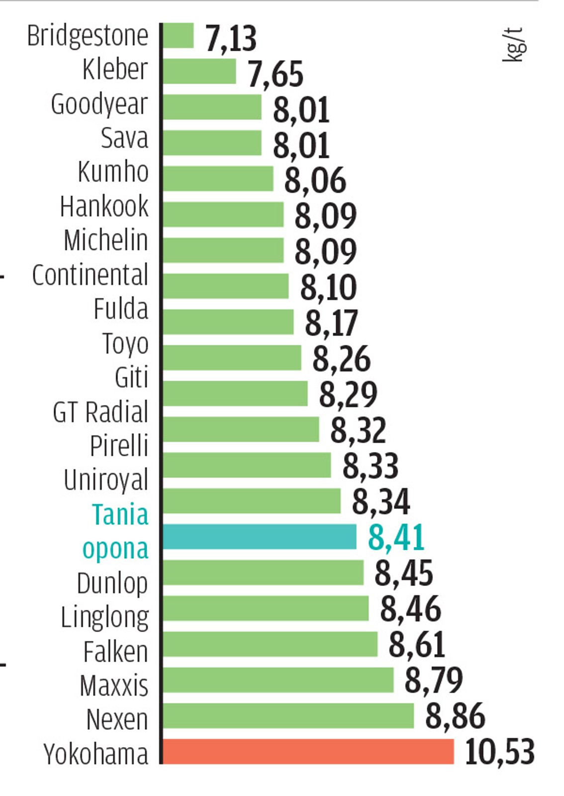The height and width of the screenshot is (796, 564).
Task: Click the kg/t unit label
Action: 514,45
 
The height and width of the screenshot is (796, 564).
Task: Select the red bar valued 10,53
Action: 308,751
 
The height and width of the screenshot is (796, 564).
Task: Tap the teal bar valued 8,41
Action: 260,537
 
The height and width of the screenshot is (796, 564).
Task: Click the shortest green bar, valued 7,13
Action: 178,36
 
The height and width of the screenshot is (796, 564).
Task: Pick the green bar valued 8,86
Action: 288,715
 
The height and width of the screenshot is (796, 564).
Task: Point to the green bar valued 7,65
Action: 199,72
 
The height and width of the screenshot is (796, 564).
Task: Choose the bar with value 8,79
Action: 278,680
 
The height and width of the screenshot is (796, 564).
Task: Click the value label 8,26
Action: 341,359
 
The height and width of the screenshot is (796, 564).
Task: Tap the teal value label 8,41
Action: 396,537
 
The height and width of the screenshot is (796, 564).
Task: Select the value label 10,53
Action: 499,752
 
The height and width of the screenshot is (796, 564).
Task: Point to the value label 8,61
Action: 416,644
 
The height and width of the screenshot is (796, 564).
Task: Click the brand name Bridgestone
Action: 88,36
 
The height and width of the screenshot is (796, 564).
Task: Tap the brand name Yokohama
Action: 95,754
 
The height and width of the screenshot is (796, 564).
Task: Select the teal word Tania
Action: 120,514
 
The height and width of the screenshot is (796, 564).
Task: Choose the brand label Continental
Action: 90,275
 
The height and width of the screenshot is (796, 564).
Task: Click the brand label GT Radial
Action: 100,412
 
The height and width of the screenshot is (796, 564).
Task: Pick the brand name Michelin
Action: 106,240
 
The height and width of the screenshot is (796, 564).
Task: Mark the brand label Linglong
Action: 104,618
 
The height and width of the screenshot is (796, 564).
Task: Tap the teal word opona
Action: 115,549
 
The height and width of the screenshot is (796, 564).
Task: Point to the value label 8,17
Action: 331,323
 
